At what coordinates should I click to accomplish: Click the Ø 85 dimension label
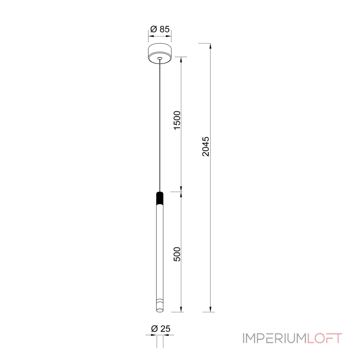pyautogui.click(x=160, y=29)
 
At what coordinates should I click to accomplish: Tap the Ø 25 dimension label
pyautogui.click(x=161, y=329)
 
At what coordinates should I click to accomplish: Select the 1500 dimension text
pyautogui.click(x=177, y=120)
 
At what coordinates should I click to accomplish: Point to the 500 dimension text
pyautogui.click(x=177, y=254)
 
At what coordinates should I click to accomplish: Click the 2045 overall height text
pyautogui.click(x=206, y=147)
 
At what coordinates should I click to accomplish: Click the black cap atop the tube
pyautogui.click(x=160, y=198)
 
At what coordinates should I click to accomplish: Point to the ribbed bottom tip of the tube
pyautogui.click(x=160, y=306)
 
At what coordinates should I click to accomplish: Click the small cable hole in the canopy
pyautogui.click(x=160, y=58)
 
